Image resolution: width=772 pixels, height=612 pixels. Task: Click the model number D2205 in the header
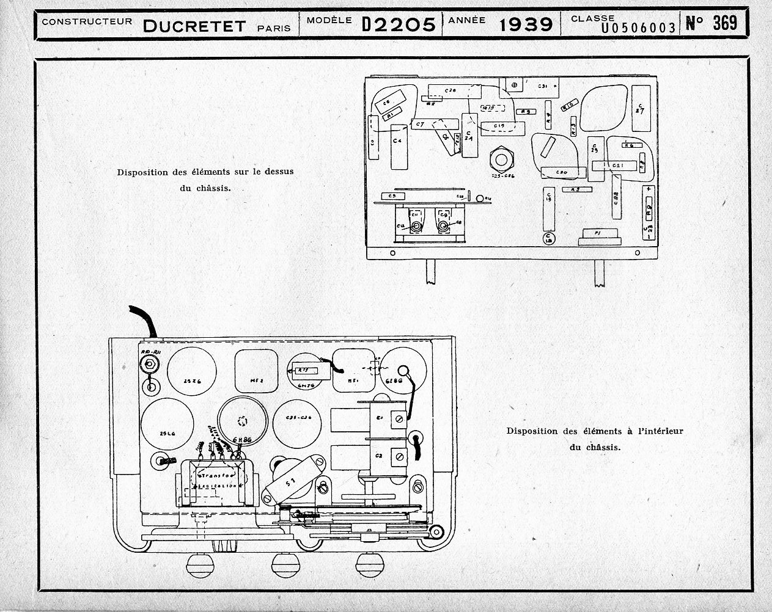(399, 24)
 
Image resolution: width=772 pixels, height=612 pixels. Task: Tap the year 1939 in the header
(526, 24)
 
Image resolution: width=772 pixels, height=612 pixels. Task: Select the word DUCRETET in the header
(194, 25)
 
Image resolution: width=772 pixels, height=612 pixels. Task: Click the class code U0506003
(638, 27)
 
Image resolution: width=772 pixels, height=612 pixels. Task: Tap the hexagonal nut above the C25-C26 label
(502, 160)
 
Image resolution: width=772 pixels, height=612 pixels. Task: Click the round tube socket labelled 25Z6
(191, 373)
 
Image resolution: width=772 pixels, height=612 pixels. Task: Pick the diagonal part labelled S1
(289, 483)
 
